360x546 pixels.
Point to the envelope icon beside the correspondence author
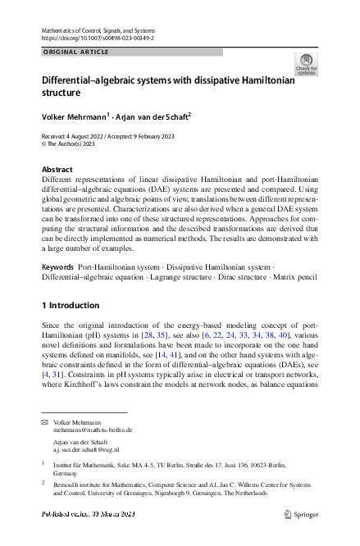click(x=44, y=421)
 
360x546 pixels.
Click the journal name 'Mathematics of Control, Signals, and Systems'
click(x=108, y=30)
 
